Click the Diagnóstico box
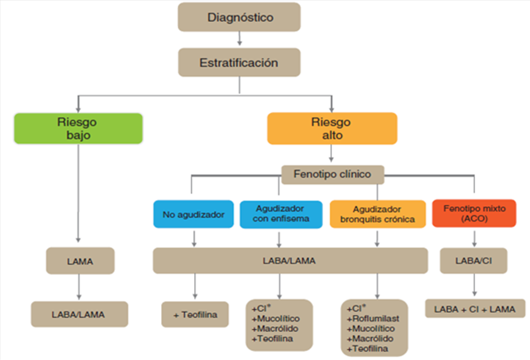240,17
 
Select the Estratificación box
239,62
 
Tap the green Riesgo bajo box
78,129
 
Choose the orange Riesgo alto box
332,129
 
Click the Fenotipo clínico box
332,174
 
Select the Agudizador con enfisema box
281,214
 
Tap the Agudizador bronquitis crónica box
378,214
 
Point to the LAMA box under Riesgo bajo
80,261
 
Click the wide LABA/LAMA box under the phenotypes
290,260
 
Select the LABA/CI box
473,260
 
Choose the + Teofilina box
195,314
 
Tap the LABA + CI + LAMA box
475,309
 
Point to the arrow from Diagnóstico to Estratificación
240,39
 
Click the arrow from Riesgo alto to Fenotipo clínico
331,155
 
